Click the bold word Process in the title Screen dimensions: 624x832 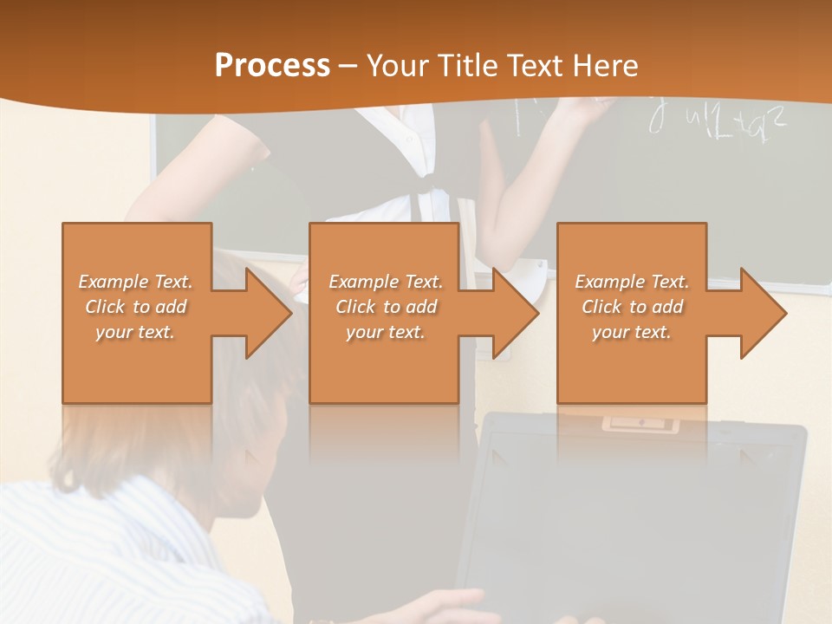point(272,66)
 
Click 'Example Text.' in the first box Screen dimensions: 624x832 point(135,282)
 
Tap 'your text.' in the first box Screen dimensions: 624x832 point(135,332)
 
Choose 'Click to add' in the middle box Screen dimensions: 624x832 point(386,307)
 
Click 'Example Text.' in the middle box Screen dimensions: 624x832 point(386,282)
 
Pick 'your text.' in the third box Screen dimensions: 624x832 point(632,332)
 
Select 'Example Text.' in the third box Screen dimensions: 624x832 point(632,282)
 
